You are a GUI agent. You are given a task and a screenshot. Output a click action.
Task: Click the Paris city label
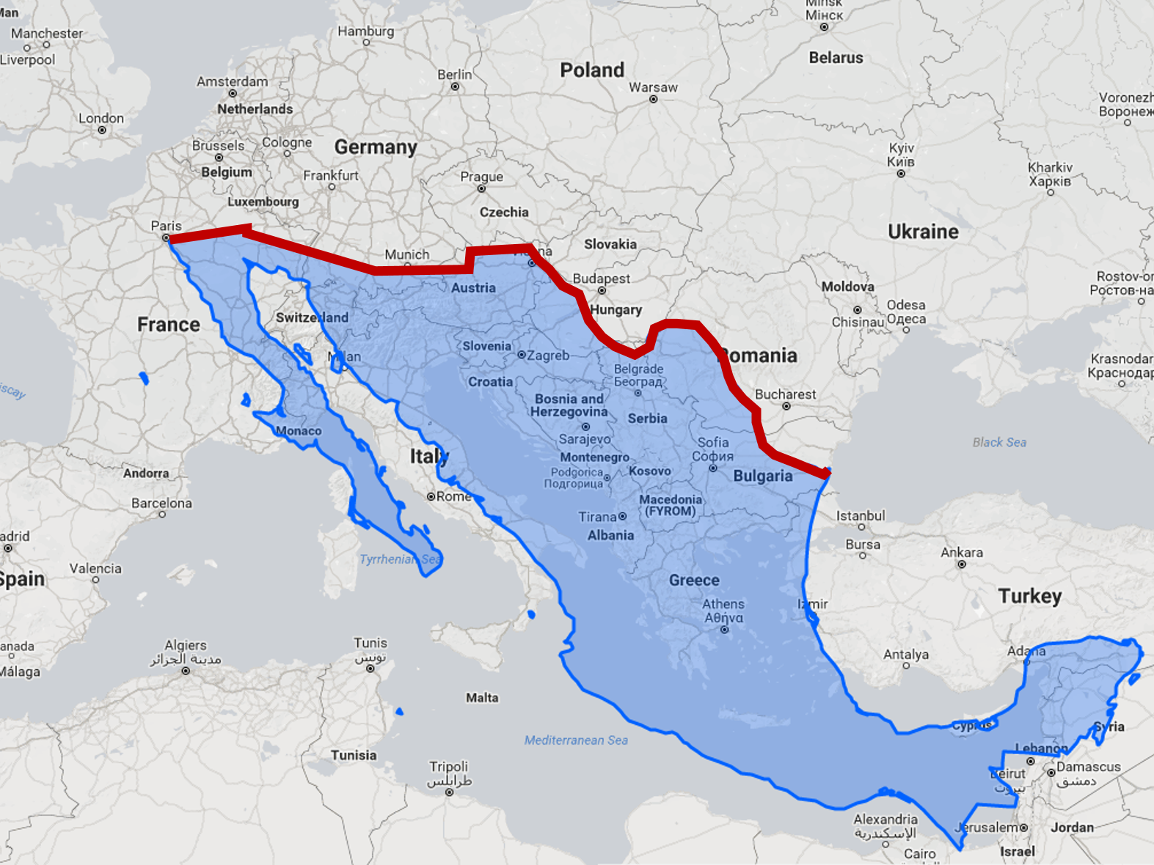click(x=166, y=226)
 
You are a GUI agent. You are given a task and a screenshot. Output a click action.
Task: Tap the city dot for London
click(x=102, y=130)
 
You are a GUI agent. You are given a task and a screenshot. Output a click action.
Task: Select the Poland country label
click(x=592, y=70)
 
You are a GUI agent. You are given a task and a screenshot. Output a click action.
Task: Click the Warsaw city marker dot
click(x=653, y=99)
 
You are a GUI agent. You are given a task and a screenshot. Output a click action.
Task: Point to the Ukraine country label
click(x=923, y=232)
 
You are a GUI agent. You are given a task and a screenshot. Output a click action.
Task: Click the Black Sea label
click(x=999, y=442)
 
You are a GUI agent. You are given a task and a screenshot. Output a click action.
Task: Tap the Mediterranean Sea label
click(x=576, y=740)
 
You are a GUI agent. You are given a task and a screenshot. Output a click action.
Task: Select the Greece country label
click(x=694, y=580)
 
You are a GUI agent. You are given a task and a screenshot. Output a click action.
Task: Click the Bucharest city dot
click(x=786, y=406)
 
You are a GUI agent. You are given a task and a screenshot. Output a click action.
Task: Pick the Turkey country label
click(x=1029, y=596)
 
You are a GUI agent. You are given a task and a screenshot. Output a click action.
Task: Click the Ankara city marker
click(x=961, y=564)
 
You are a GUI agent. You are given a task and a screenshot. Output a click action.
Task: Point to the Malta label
click(x=482, y=698)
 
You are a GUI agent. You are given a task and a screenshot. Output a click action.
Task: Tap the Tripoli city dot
click(x=449, y=792)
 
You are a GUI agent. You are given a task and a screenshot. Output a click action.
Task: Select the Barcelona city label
click(x=161, y=504)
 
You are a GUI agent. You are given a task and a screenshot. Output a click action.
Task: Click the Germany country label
click(x=376, y=147)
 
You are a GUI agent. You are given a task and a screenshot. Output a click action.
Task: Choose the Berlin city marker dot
click(x=455, y=86)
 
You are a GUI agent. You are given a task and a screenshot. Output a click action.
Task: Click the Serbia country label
click(x=647, y=419)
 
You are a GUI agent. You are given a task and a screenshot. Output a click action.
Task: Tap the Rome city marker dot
click(x=431, y=496)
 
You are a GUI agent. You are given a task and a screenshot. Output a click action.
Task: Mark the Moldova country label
click(x=847, y=287)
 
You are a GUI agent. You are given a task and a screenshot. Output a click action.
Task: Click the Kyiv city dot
click(x=901, y=174)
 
